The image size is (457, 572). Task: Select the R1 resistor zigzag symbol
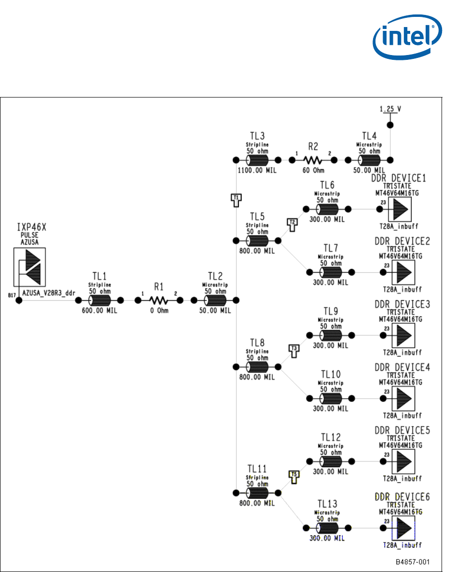(159, 300)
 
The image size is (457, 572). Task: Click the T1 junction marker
(236, 199)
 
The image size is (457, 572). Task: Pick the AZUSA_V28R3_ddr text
(47, 293)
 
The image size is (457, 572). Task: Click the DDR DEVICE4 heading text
(402, 368)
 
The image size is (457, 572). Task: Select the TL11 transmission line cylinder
(257, 493)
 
